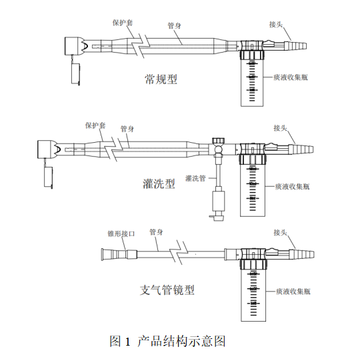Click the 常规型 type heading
click(161, 79)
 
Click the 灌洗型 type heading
click(159, 184)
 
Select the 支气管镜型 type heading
click(167, 290)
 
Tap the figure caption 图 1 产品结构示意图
click(167, 341)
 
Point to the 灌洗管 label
click(195, 178)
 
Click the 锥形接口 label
click(121, 234)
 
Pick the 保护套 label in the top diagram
click(123, 23)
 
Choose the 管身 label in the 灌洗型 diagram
click(127, 129)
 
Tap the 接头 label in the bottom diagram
click(280, 232)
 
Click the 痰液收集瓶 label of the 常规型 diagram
click(291, 77)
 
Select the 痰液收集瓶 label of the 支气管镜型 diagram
click(293, 291)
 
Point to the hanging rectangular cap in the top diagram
click(75, 73)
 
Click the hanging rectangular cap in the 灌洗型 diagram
click(48, 176)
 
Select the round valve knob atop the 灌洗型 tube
click(218, 141)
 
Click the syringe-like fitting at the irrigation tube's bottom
click(219, 204)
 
